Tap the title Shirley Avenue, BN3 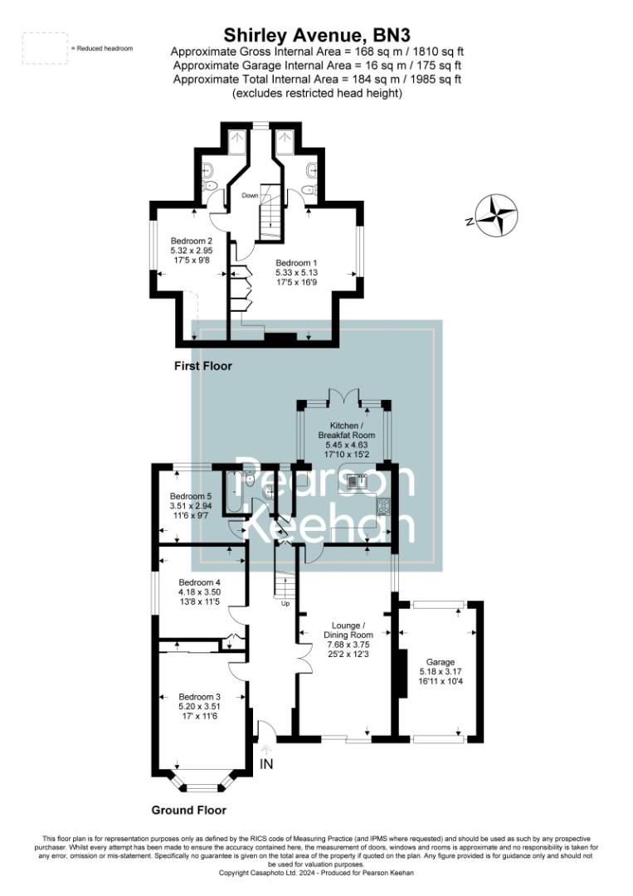(x=317, y=35)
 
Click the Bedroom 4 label (x=199, y=582)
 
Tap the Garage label (x=441, y=662)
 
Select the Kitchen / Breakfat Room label (x=347, y=430)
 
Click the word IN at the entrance (x=266, y=763)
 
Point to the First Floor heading (x=203, y=366)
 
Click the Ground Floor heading (x=188, y=810)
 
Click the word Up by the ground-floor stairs (x=286, y=603)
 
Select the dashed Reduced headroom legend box (x=45, y=47)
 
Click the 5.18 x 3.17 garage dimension (x=441, y=672)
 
